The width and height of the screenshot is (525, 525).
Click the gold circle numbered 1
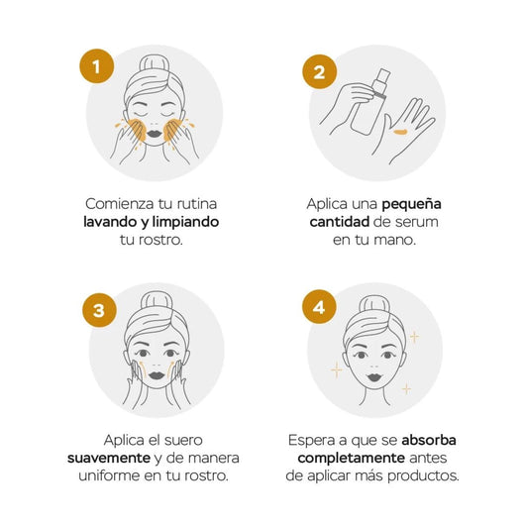97,66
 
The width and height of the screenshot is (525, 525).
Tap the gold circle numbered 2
319,72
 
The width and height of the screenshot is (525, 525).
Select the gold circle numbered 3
99,310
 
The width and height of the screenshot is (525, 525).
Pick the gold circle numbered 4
319,307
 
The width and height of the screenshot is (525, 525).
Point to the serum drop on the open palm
401,132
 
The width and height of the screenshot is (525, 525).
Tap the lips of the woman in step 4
373,377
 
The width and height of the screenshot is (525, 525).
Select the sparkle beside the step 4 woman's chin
406,389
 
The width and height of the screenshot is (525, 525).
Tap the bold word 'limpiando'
185,222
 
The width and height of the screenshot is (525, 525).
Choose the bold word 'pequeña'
411,205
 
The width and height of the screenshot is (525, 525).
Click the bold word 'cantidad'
340,222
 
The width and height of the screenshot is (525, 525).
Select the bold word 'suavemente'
109,458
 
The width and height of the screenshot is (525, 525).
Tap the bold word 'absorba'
429,440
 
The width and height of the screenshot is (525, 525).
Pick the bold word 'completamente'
352,459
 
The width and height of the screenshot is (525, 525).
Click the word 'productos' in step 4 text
423,476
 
